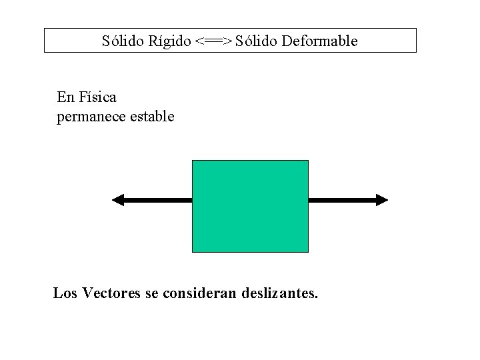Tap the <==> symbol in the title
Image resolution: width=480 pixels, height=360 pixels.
coord(214,41)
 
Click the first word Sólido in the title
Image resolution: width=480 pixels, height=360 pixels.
coord(121,41)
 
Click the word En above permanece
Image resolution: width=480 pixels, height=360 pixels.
coord(65,97)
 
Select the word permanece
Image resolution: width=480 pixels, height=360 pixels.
coord(87,117)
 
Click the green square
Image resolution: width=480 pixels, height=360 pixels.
coord(250,206)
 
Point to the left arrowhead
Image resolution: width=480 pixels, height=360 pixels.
coord(118,199)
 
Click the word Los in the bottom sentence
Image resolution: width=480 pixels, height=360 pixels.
coord(65,293)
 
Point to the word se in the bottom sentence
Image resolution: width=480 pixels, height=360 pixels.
coord(151,293)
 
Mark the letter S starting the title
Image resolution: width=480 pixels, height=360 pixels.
coord(106,41)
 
